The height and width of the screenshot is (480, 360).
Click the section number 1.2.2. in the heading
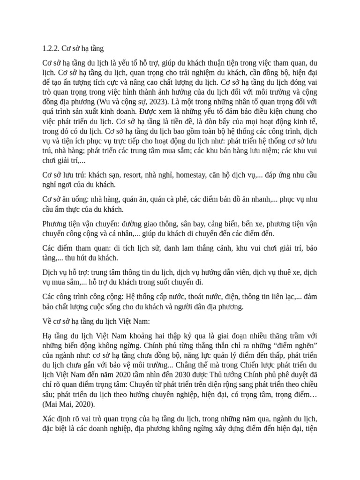point(50,48)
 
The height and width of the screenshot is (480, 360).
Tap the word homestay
point(193,175)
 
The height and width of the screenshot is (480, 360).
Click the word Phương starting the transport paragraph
point(55,224)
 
